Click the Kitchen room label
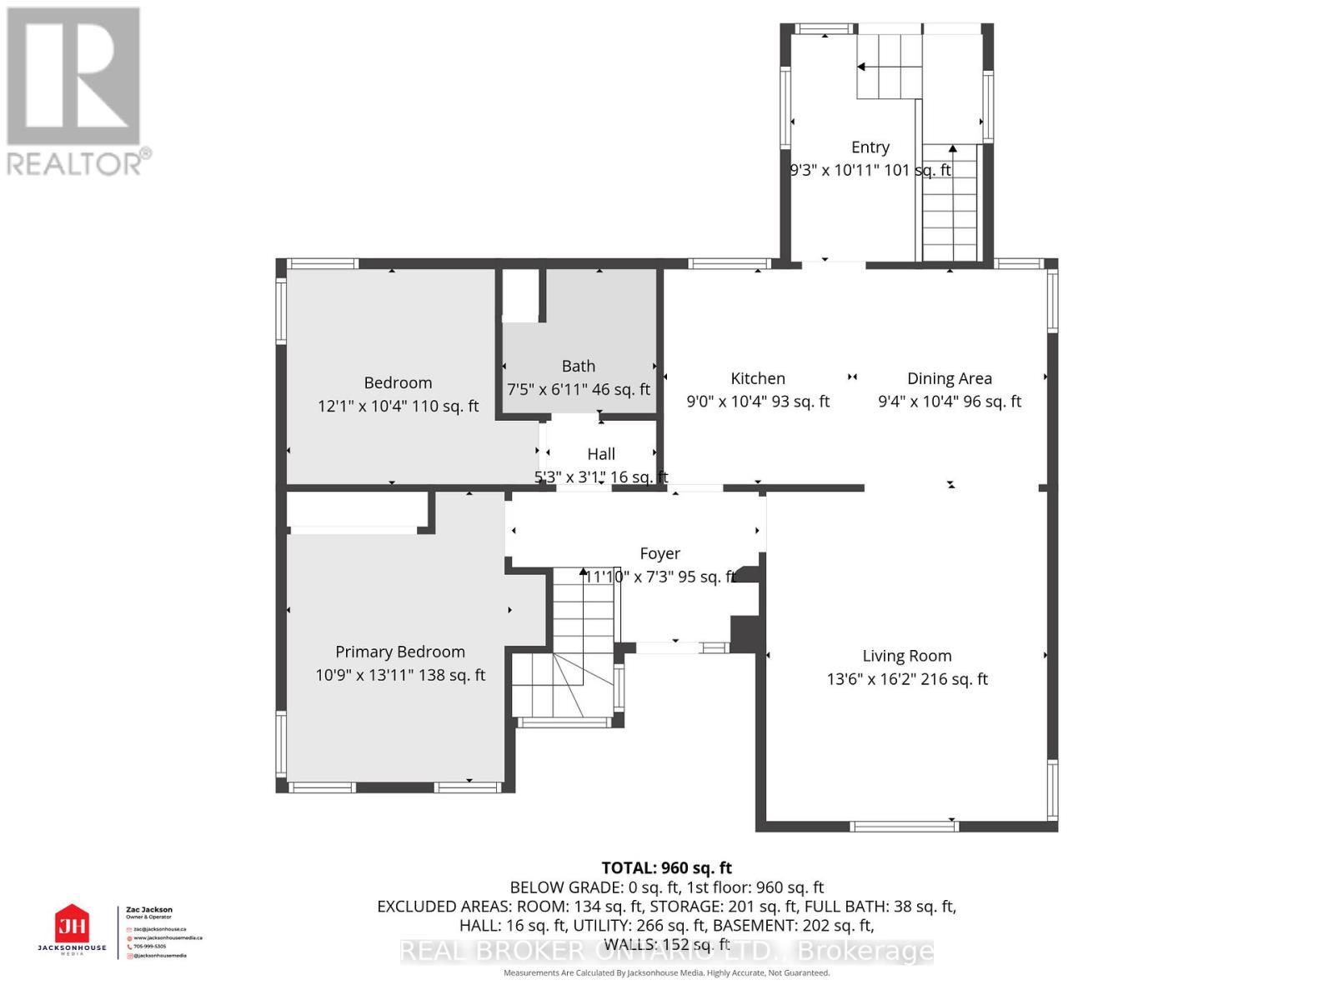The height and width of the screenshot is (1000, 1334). click(x=758, y=378)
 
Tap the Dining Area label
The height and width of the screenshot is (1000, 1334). click(x=949, y=378)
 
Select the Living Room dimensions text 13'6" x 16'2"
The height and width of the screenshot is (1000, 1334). click(x=906, y=679)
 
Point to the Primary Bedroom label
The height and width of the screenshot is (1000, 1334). click(x=400, y=652)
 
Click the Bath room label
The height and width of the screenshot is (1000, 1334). click(x=579, y=366)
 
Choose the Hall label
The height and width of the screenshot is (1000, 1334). click(x=601, y=454)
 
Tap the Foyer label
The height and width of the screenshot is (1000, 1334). click(x=659, y=553)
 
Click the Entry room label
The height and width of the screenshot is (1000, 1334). click(x=870, y=147)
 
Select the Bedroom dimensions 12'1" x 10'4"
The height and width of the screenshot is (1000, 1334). click(x=398, y=406)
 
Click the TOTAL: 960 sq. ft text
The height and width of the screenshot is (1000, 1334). click(x=666, y=867)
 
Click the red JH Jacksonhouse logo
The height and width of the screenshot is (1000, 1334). click(x=72, y=925)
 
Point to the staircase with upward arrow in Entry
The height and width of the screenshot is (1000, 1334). click(x=950, y=204)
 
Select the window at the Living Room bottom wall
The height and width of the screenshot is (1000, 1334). click(x=904, y=826)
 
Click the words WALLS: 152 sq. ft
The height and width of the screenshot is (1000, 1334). click(x=666, y=944)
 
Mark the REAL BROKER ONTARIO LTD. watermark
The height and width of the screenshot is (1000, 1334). click(x=666, y=951)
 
